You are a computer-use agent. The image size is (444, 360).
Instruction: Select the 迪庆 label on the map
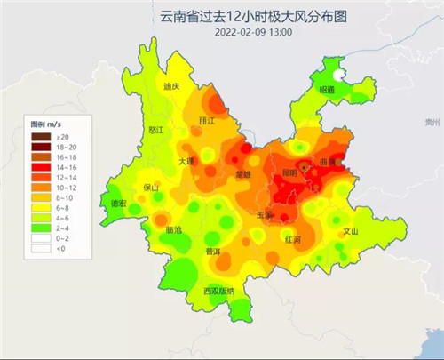point(172,86)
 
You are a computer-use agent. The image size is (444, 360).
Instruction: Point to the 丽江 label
point(207,120)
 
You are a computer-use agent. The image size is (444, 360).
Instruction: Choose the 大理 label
point(186,162)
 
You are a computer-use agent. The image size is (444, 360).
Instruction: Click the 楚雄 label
point(242,174)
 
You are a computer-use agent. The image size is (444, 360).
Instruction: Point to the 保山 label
point(150,188)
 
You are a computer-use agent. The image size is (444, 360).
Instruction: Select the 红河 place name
point(292,240)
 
